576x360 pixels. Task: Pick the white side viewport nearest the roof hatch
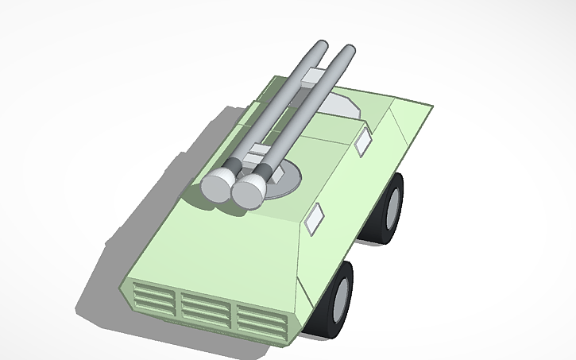pos(362,140)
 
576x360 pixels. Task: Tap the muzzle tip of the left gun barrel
pos(319,46)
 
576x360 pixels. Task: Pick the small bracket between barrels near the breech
pos(256,152)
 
